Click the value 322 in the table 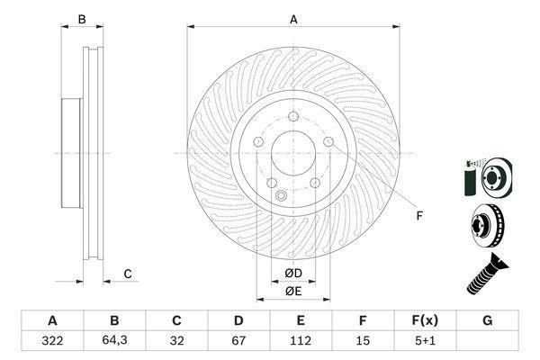[52, 341]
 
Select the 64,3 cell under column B [114, 340]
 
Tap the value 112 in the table [301, 341]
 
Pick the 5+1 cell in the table [425, 341]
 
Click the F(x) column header [425, 320]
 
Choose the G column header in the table [487, 320]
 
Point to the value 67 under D [238, 341]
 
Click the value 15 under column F [363, 341]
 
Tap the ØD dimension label [293, 274]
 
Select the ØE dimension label [293, 292]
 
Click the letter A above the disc [293, 20]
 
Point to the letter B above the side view [82, 20]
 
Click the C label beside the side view [128, 274]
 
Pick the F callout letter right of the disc [419, 216]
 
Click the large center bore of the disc [293, 153]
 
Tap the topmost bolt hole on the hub [293, 116]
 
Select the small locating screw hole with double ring [282, 195]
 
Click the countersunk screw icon [487, 274]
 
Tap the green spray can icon [470, 178]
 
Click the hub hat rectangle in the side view [72, 153]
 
